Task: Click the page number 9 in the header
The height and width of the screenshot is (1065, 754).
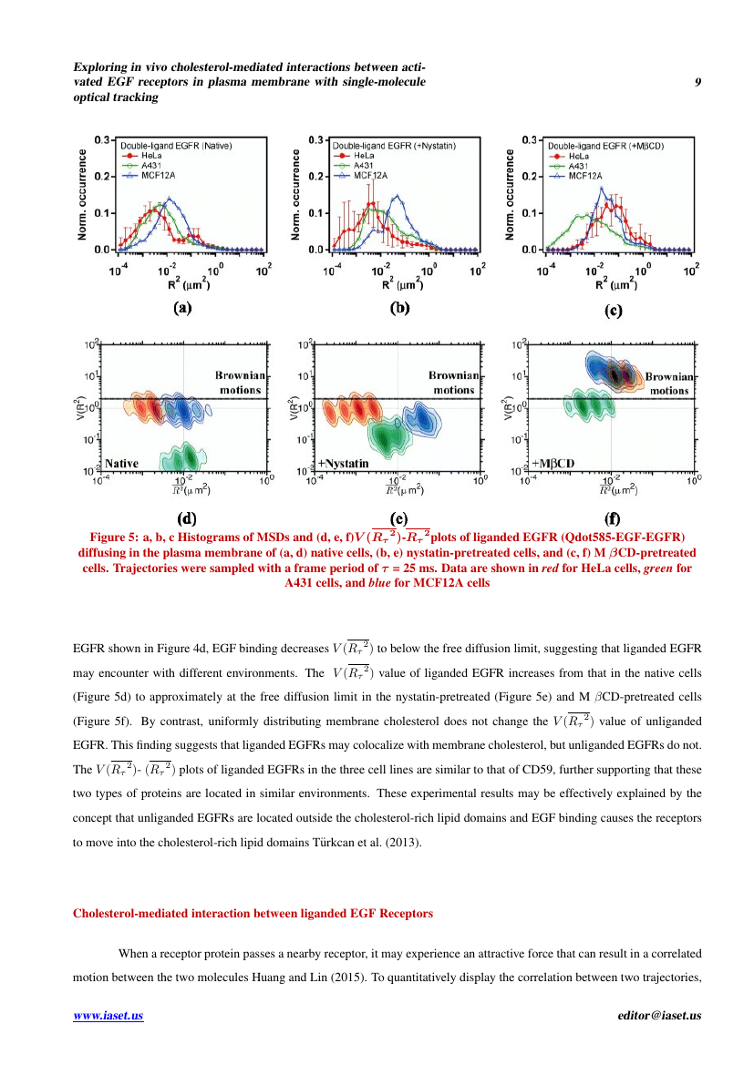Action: (x=697, y=82)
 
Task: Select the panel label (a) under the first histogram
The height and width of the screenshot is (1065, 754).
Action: (x=183, y=307)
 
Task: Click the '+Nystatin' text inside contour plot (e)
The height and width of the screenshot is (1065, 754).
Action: (x=342, y=463)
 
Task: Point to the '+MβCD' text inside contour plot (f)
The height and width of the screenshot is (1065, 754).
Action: (x=553, y=463)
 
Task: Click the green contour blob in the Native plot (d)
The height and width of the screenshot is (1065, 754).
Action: (x=181, y=456)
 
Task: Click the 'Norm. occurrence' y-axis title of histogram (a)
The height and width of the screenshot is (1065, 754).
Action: (x=82, y=194)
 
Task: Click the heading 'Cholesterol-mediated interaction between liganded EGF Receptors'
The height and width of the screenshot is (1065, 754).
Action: (x=253, y=912)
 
